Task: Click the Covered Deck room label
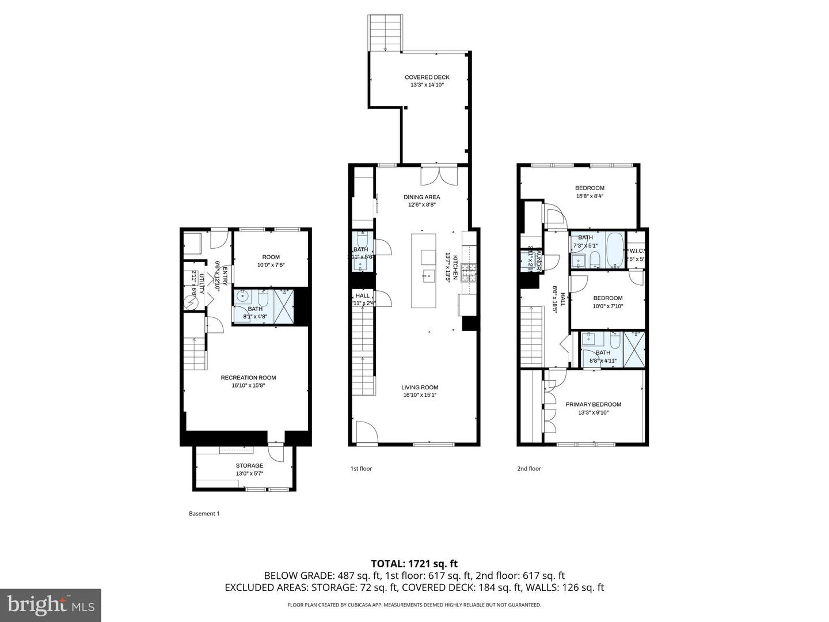point(427,77)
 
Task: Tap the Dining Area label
point(421,197)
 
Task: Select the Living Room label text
point(420,388)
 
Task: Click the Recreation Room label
point(248,378)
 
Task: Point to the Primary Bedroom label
point(593,404)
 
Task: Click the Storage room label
point(249,465)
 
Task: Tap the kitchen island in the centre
point(423,271)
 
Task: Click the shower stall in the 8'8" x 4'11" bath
point(635,348)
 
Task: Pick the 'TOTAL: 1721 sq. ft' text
point(414,564)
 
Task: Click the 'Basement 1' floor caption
point(204,514)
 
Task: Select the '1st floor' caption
point(361,469)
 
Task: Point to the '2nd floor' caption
point(528,469)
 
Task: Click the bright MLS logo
point(51,605)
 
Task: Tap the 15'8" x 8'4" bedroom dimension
point(590,196)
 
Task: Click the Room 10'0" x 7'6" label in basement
point(271,261)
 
